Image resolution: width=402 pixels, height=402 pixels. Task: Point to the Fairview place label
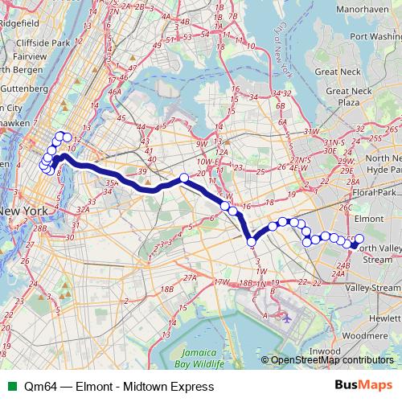[18, 58]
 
